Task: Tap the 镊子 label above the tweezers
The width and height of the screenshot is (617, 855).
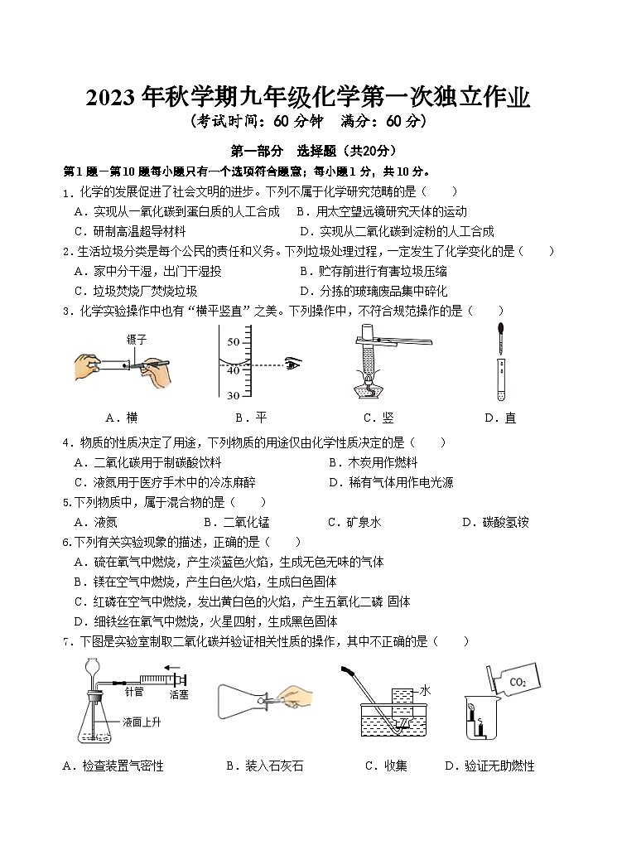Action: tap(137, 339)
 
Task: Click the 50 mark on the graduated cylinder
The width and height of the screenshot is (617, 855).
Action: tap(233, 341)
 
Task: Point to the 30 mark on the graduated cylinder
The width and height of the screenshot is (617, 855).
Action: tap(233, 394)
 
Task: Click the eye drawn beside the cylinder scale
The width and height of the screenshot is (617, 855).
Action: tap(292, 363)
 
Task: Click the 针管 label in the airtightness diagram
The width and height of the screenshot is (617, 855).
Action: tap(134, 690)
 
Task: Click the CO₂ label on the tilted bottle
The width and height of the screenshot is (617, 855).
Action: tap(518, 683)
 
